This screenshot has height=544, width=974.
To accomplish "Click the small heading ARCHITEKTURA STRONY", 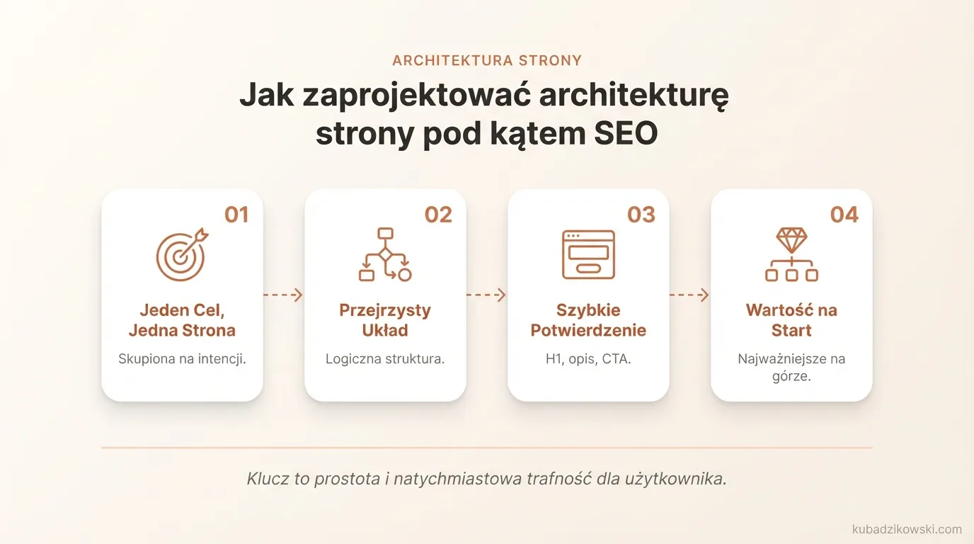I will click(487, 60).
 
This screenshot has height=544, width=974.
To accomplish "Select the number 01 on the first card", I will click(236, 215).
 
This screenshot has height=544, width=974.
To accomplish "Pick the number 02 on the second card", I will click(438, 215).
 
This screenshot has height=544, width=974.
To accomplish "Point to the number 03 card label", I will click(641, 215).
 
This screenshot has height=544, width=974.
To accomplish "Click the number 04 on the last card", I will click(844, 215).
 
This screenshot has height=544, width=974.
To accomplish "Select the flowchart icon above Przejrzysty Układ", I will click(385, 255).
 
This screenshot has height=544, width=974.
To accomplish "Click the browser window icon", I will click(588, 255).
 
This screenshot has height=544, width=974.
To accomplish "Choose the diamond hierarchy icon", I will click(791, 255).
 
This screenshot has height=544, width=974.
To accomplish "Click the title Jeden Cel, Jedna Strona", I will click(182, 320).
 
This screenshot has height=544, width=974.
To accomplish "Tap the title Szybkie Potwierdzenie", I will click(588, 320).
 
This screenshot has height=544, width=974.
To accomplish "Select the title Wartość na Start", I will click(791, 320).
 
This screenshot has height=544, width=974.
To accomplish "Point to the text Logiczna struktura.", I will click(385, 358).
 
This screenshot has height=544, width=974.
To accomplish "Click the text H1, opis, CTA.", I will click(588, 358).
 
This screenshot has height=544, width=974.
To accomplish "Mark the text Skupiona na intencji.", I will click(182, 358).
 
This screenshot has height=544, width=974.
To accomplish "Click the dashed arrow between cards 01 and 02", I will click(283, 295).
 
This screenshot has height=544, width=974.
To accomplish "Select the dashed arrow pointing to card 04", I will click(689, 295).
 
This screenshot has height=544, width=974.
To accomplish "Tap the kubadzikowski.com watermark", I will click(907, 529).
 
